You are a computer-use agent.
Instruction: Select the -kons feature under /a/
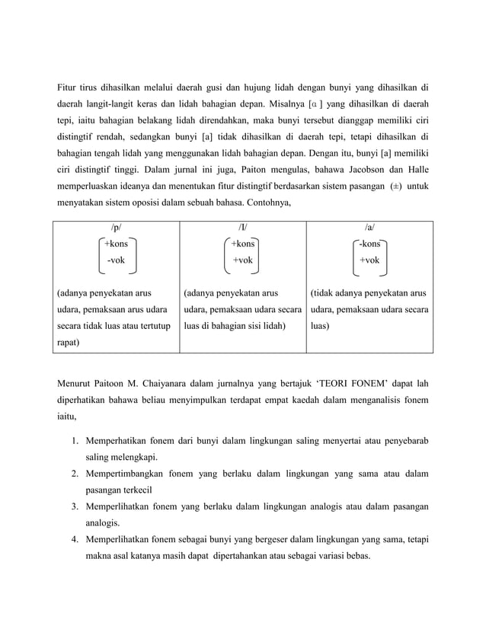[x=370, y=244]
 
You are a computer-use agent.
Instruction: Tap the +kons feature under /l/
[x=243, y=244]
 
